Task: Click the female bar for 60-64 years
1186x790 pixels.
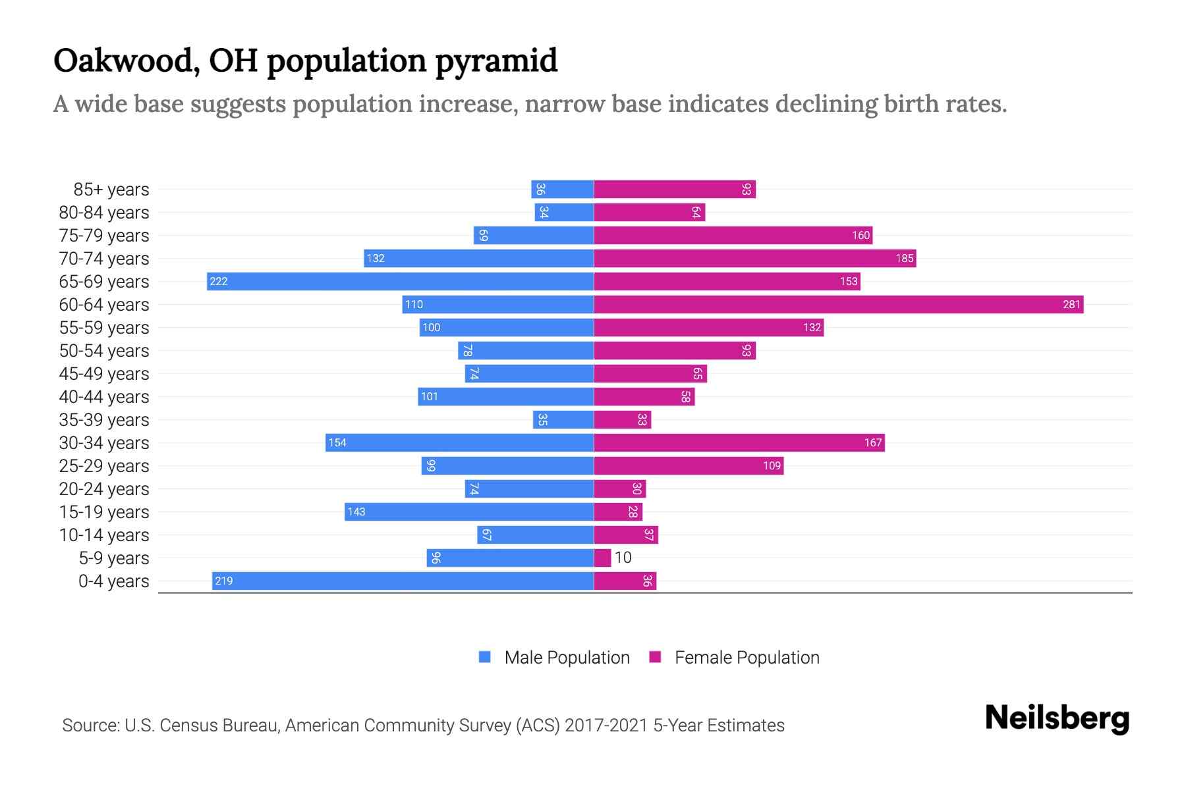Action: (x=838, y=304)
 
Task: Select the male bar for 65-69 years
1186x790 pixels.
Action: (x=400, y=281)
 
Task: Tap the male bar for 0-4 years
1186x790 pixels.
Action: (x=403, y=581)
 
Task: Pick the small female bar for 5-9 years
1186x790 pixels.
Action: (x=602, y=558)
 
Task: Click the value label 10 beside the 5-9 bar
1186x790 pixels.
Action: (x=623, y=558)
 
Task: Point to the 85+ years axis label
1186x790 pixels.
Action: (x=111, y=190)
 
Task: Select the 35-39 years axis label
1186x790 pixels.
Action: (x=104, y=420)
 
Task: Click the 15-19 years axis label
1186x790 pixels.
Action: (x=104, y=512)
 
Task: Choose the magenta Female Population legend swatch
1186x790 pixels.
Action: (x=655, y=657)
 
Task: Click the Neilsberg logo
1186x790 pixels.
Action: (x=1057, y=718)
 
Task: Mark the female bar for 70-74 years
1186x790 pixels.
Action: (x=754, y=258)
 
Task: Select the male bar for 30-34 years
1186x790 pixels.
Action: (x=459, y=442)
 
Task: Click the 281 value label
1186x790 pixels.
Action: (x=1071, y=304)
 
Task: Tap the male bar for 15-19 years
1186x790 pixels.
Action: (x=468, y=512)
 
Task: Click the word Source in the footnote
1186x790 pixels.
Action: (x=90, y=725)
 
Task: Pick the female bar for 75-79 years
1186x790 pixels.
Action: (x=733, y=235)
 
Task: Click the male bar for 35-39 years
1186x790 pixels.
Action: (x=563, y=419)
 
